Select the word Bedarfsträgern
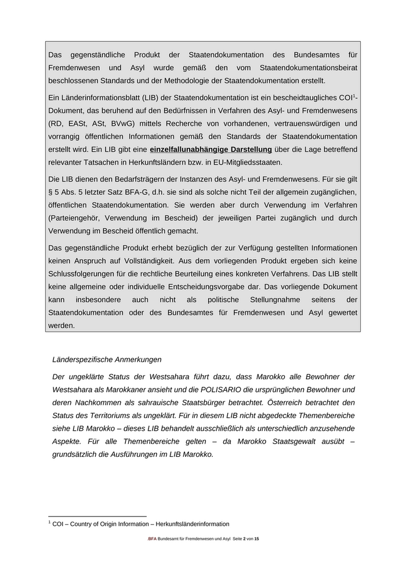click(140, 179)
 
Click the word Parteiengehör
click(77, 218)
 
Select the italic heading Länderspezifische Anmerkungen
click(107, 359)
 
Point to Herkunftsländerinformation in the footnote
click(188, 524)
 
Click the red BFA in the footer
click(153, 539)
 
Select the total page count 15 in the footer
click(256, 539)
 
